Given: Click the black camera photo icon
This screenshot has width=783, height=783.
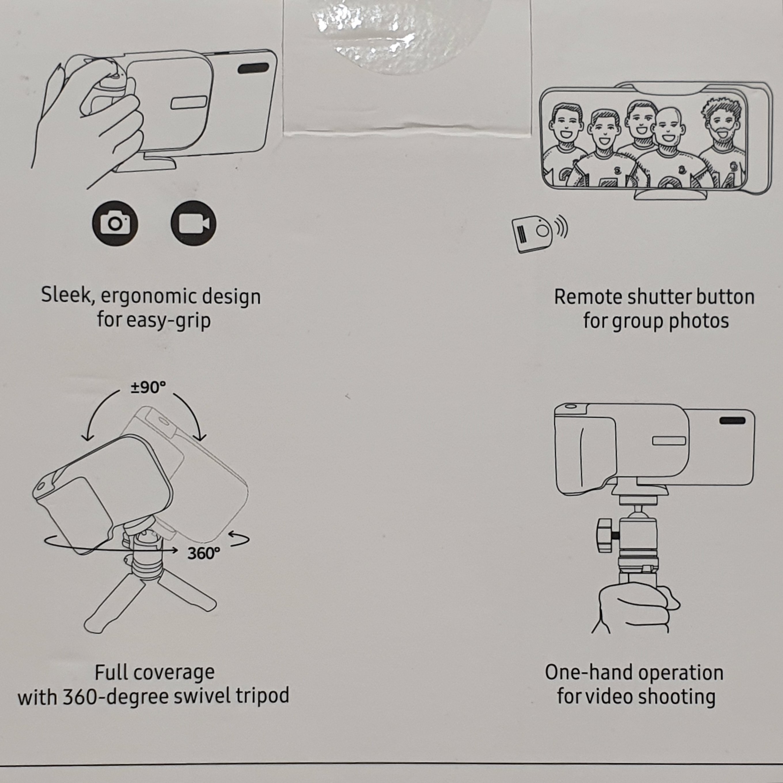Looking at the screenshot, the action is (115, 223).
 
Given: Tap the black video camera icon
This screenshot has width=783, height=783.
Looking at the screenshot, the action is (193, 223).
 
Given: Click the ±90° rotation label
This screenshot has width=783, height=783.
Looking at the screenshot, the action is (148, 388).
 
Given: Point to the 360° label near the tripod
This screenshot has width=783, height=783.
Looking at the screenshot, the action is (204, 553).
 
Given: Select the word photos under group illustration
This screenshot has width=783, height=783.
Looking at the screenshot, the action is (699, 321).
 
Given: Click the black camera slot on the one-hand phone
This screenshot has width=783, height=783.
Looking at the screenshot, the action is (732, 421).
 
